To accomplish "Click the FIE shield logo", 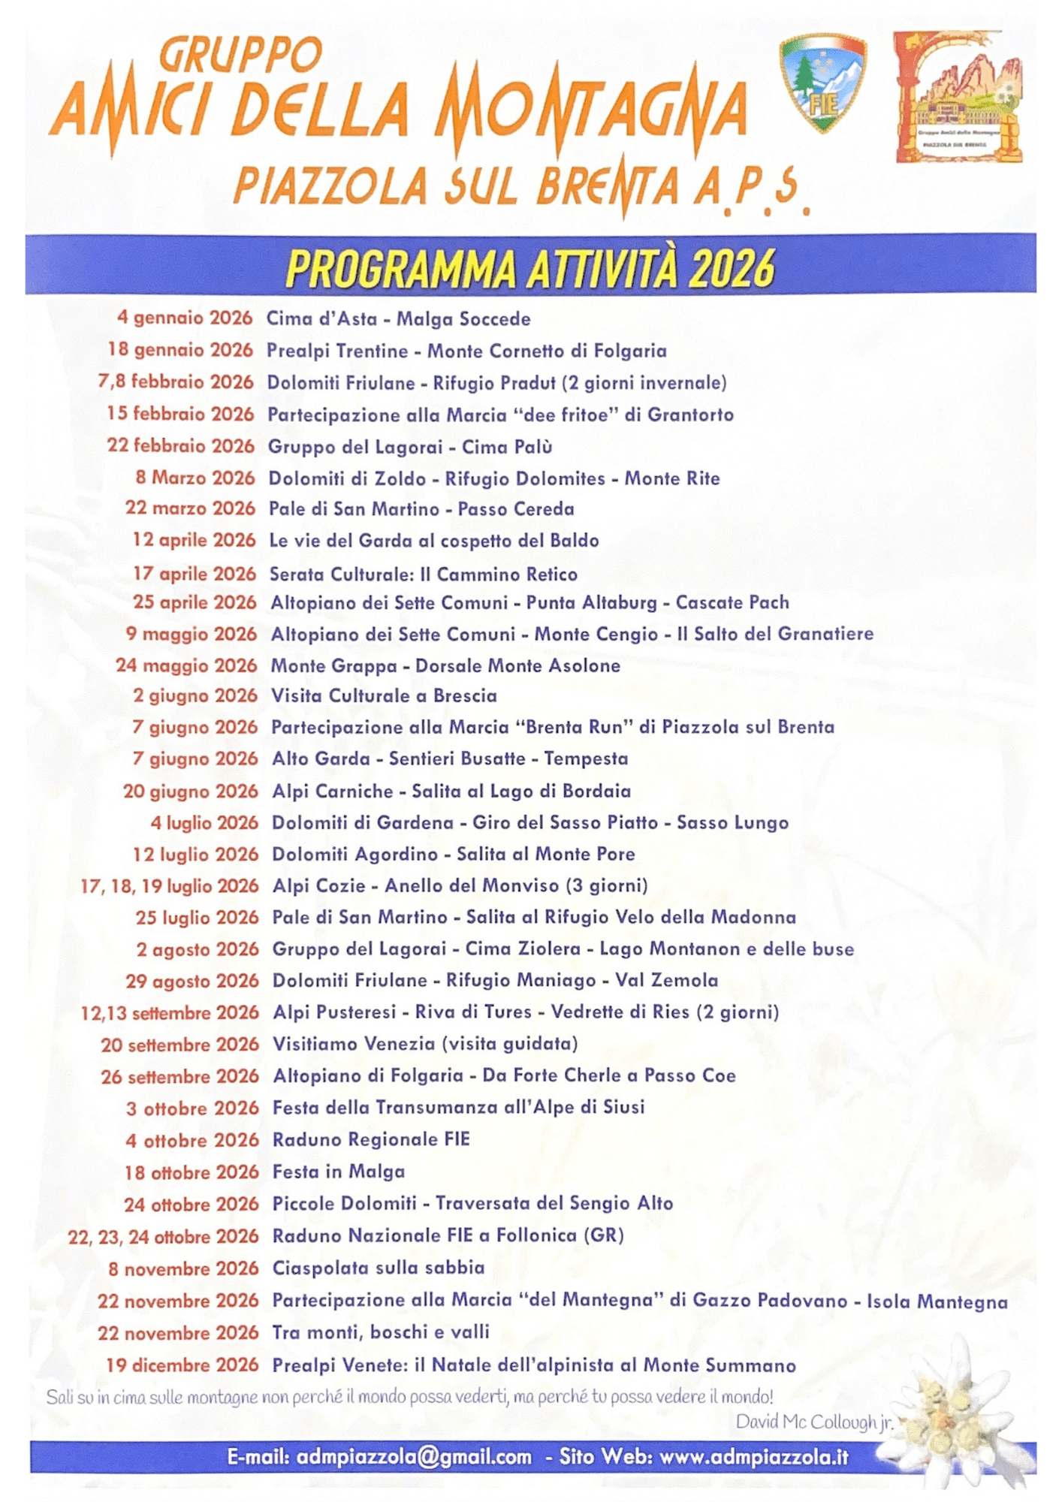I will [823, 83].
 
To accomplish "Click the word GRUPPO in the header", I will [241, 56].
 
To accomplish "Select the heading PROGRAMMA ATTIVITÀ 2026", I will [530, 268].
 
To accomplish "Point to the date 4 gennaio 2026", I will [185, 318].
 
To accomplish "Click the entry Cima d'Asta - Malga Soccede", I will [399, 319].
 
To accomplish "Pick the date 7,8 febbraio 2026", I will [176, 382].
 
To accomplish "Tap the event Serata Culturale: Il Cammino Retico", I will [424, 575].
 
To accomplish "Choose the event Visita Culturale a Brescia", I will [384, 696].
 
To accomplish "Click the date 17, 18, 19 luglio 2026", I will [170, 886].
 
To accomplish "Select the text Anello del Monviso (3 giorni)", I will [516, 886].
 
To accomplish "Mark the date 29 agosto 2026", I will [192, 981].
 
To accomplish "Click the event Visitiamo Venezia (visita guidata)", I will [425, 1044].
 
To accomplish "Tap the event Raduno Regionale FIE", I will [371, 1139].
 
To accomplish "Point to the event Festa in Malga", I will [339, 1172].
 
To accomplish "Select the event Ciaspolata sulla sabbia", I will [379, 1268].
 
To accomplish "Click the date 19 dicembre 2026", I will [183, 1365].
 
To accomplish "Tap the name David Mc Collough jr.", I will [814, 1422].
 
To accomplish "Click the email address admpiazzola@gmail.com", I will [414, 1458].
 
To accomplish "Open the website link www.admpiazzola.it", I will [754, 1458].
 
